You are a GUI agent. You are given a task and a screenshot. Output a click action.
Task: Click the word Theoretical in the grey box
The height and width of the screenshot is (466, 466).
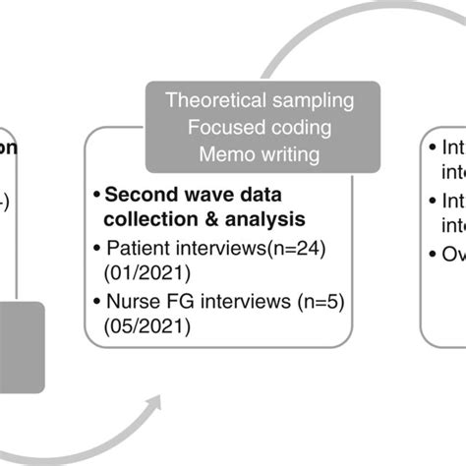click(x=208, y=100)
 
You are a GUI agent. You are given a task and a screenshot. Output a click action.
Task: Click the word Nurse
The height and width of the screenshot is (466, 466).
click(x=129, y=299)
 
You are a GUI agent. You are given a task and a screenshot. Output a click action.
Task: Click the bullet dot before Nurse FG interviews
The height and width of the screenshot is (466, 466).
click(x=94, y=299)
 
